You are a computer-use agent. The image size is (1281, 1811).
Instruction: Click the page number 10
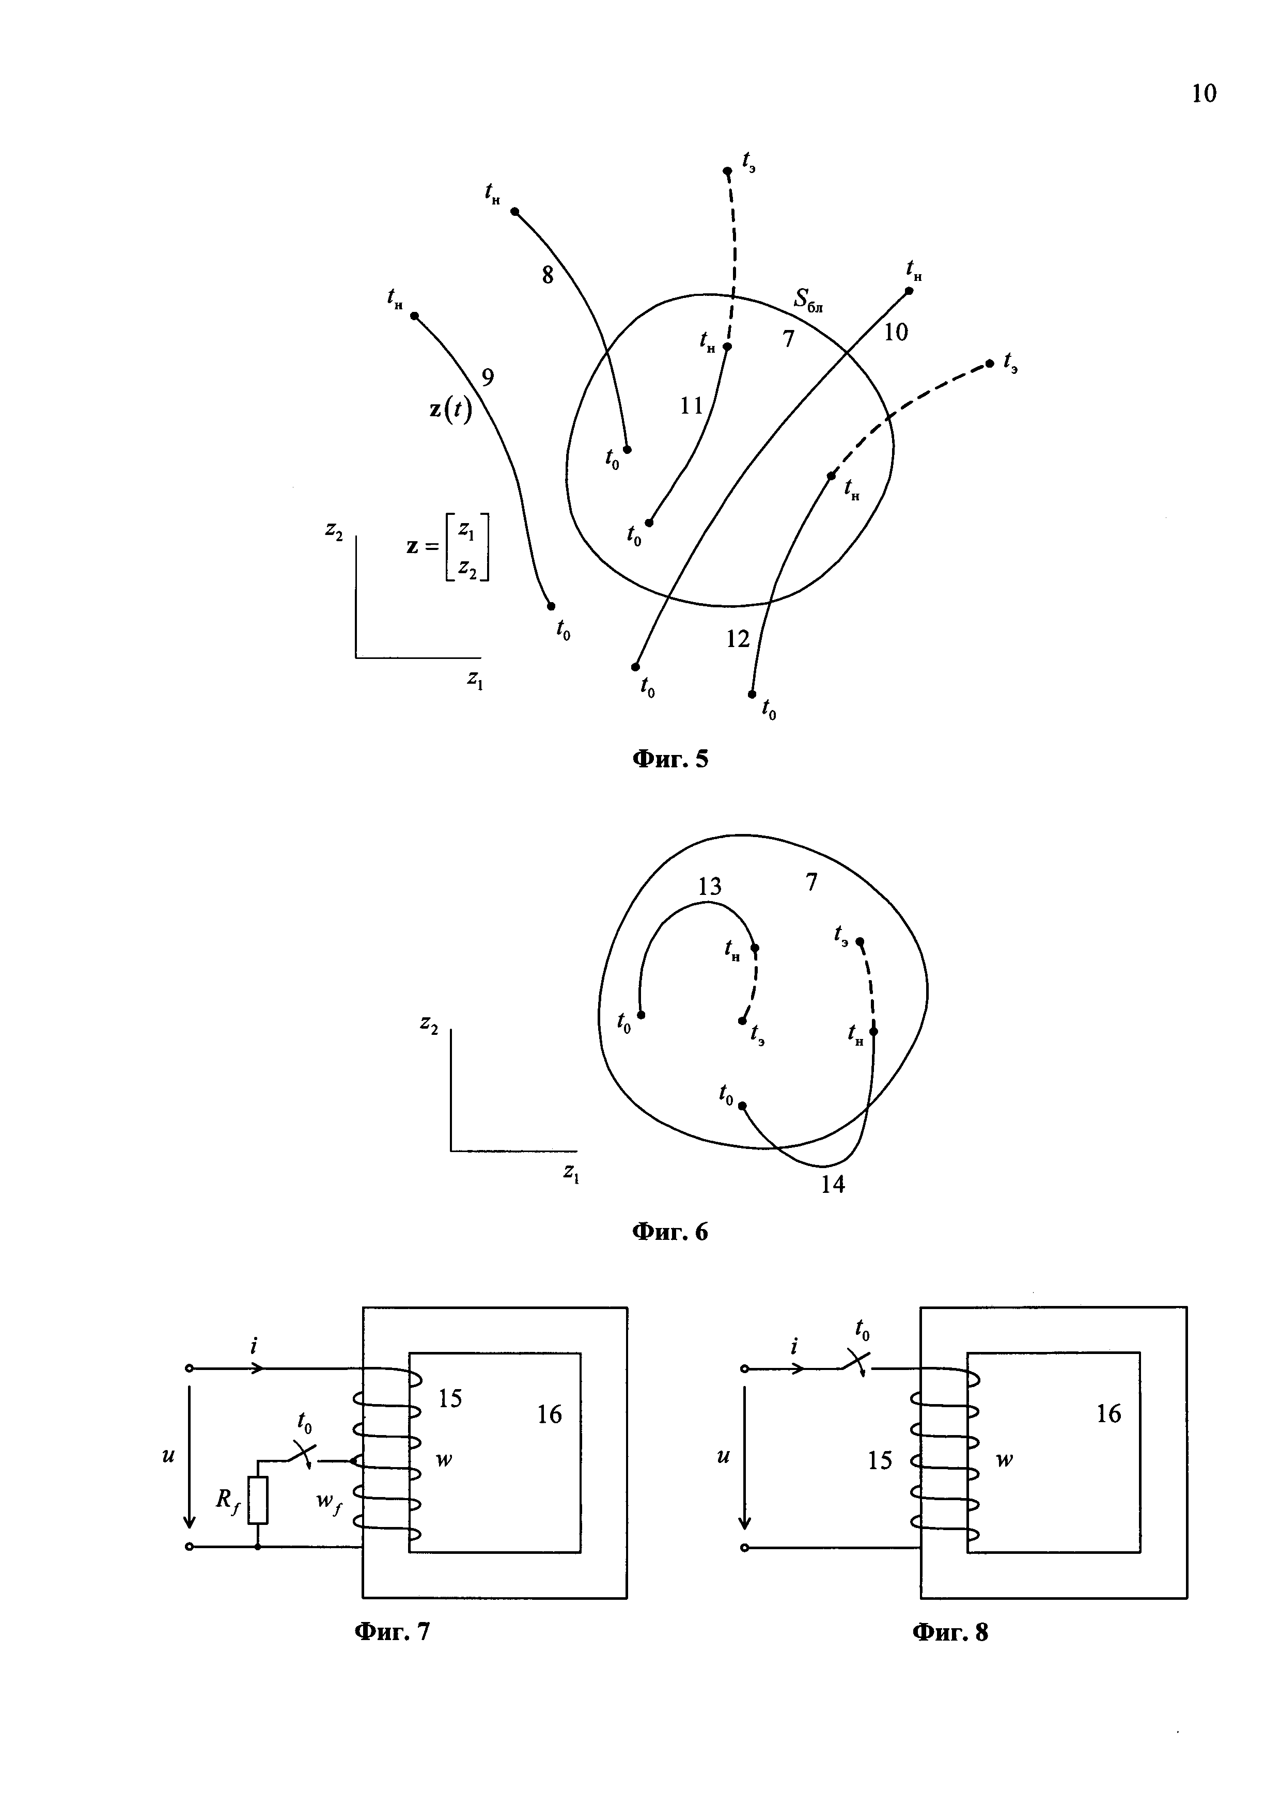click(x=1204, y=94)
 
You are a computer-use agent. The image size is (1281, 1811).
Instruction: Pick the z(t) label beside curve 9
click(x=450, y=410)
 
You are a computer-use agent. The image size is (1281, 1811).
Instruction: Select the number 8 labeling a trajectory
click(x=548, y=275)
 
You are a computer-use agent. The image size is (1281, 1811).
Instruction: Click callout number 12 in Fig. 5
click(x=738, y=639)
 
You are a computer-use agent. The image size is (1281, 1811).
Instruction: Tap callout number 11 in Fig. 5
click(x=691, y=405)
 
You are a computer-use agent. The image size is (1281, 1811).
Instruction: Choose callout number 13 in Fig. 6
click(x=709, y=887)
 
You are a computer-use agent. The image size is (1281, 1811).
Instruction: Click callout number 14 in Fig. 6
click(x=832, y=1184)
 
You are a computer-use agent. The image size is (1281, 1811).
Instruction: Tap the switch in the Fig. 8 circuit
click(x=853, y=1361)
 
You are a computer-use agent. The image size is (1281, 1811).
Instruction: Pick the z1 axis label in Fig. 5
click(x=475, y=679)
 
